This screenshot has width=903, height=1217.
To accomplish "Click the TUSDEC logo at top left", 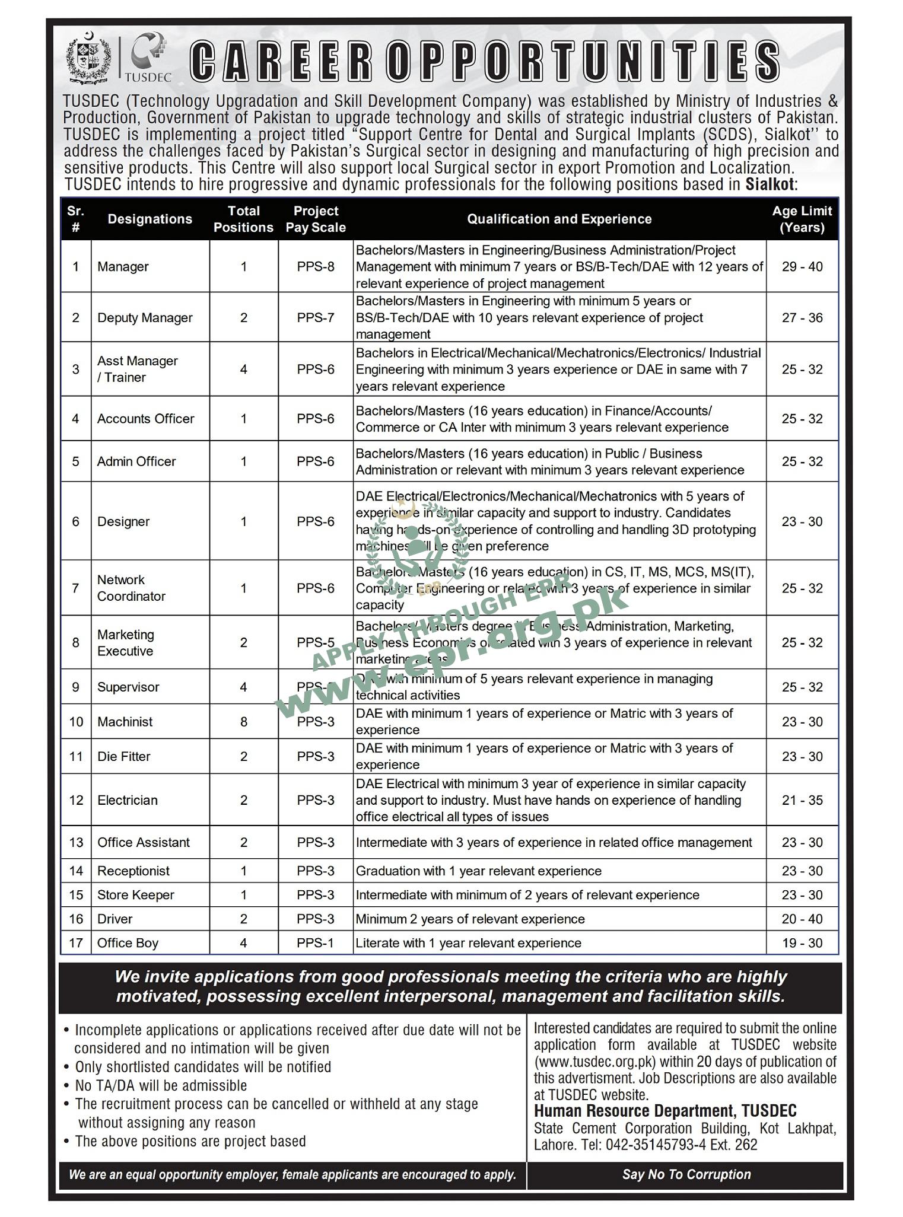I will [x=148, y=58].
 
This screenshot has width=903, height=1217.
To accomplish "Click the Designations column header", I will [x=150, y=219].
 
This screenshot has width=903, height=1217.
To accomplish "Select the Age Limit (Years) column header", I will [x=802, y=219].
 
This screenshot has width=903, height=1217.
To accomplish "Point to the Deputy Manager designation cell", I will [x=145, y=318].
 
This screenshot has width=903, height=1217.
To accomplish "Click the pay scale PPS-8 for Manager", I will [x=316, y=267].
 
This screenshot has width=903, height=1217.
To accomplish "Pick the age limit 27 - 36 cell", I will [x=802, y=318].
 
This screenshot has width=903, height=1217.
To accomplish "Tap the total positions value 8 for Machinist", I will [x=243, y=722].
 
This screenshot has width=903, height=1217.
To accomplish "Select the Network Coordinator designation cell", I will [x=131, y=588].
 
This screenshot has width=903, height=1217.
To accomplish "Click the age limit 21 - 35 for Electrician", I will [x=802, y=800].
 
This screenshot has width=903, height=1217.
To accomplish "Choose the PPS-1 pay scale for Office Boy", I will [x=316, y=943].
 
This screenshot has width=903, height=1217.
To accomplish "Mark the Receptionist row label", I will [x=133, y=871].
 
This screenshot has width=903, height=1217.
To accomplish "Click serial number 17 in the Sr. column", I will [x=76, y=943].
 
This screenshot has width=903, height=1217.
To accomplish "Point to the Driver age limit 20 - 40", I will [x=802, y=919].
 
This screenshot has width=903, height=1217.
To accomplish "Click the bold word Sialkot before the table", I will [x=770, y=184].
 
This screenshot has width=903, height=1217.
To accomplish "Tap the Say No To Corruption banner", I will [x=686, y=1174].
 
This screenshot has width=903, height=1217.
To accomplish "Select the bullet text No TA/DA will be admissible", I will [x=160, y=1085].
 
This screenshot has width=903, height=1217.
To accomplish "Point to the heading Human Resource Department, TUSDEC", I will [x=665, y=1111].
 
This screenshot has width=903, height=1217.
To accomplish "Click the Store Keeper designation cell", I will [x=135, y=895].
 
